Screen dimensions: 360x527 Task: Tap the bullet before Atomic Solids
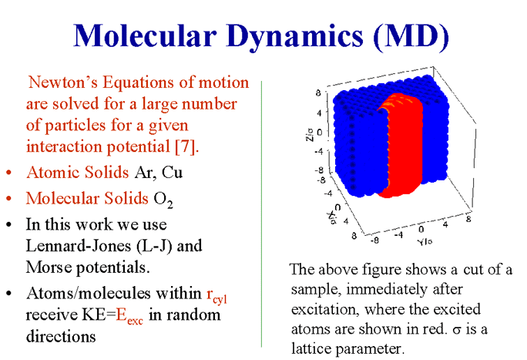[x=8, y=173]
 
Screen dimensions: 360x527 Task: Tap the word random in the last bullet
[x=196, y=315]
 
